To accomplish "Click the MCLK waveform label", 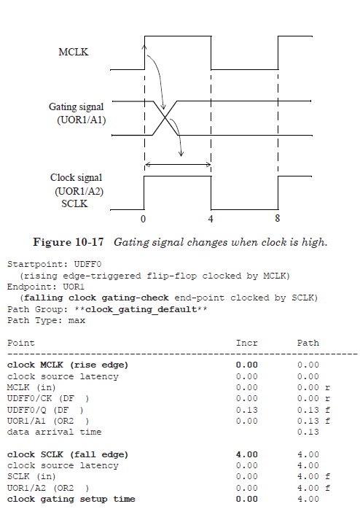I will point(74,52).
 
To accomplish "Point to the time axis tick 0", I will point(144,218).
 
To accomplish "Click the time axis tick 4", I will point(211,218).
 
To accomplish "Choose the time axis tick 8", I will point(278,218).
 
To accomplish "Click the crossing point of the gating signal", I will point(168,118).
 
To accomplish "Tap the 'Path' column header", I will point(308,343).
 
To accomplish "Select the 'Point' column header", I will point(20,343).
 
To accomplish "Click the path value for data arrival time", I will point(308,432).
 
